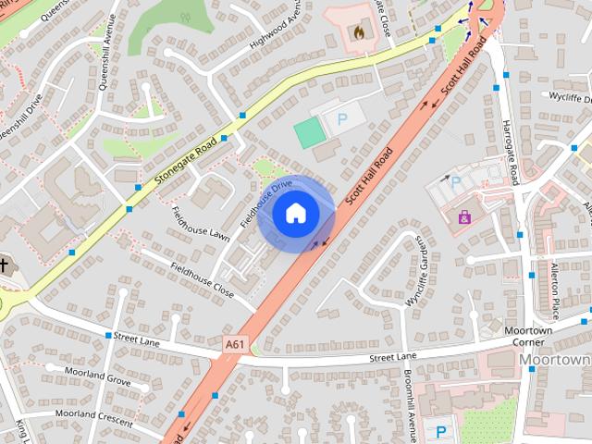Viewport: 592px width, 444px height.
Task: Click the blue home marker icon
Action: coord(295,214)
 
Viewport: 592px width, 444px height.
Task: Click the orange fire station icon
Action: coord(358,31)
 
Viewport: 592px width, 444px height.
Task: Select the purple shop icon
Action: coord(464,217)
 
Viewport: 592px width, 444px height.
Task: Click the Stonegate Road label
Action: coord(186,158)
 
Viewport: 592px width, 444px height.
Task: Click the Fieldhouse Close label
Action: coord(203,278)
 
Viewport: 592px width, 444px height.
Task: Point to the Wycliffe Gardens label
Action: coord(419,271)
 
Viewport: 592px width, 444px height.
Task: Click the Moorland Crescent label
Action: coord(95,415)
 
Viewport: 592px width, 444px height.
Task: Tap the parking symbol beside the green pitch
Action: coord(341,119)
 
